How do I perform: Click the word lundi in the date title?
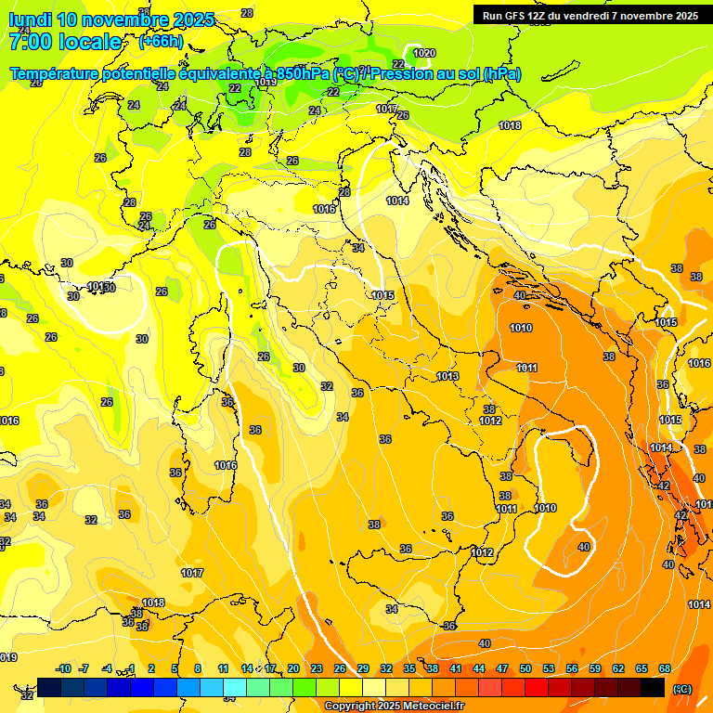[x=30, y=19]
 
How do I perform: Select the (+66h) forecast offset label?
[x=161, y=42]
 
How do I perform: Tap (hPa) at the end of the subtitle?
[x=501, y=74]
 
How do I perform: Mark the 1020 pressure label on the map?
[x=424, y=53]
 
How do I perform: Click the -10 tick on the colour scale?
[x=63, y=668]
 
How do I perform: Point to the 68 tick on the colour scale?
[x=665, y=668]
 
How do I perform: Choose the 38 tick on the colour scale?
[x=433, y=668]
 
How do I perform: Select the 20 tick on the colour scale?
[x=293, y=668]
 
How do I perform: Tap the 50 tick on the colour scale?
[x=525, y=668]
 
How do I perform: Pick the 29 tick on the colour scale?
[x=363, y=668]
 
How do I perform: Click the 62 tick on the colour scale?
[x=618, y=668]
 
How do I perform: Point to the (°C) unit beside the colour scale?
[x=682, y=689]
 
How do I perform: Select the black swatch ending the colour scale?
[x=653, y=687]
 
